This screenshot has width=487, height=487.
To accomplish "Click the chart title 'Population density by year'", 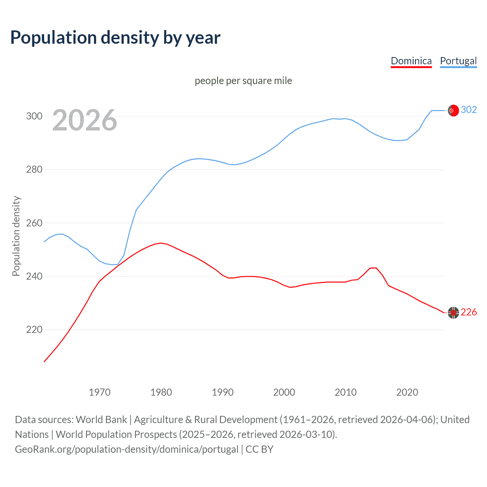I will click(x=115, y=38).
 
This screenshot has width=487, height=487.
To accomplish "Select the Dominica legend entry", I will click(x=411, y=61).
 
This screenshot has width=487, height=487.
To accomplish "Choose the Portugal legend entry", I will click(x=458, y=61).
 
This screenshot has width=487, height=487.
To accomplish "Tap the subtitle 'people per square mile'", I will click(x=243, y=81).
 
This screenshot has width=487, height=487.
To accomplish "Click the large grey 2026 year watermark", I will click(x=84, y=120).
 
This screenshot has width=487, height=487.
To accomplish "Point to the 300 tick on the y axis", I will click(x=34, y=116).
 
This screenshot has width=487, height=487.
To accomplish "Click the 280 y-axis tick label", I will click(x=34, y=169).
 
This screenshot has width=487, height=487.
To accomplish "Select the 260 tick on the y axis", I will click(x=34, y=223).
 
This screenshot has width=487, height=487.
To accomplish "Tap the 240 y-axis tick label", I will click(x=34, y=276).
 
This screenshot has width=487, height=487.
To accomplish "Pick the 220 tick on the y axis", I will click(x=34, y=329).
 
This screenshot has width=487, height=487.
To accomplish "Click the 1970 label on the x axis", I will click(x=100, y=392).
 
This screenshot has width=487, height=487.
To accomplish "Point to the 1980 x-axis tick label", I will click(x=161, y=392).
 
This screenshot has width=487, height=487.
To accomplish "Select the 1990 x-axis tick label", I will click(x=223, y=392).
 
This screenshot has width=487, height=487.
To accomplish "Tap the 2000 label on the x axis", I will click(x=284, y=392).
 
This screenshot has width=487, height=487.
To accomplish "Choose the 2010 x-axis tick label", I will click(x=345, y=392).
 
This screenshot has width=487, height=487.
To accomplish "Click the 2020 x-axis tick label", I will click(x=407, y=392).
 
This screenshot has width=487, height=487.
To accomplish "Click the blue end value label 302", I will click(x=469, y=110).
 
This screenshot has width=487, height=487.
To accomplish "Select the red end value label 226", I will click(x=469, y=312).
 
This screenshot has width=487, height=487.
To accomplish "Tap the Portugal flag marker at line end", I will click(x=453, y=110).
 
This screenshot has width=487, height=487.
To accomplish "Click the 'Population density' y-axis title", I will click(x=16, y=236).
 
